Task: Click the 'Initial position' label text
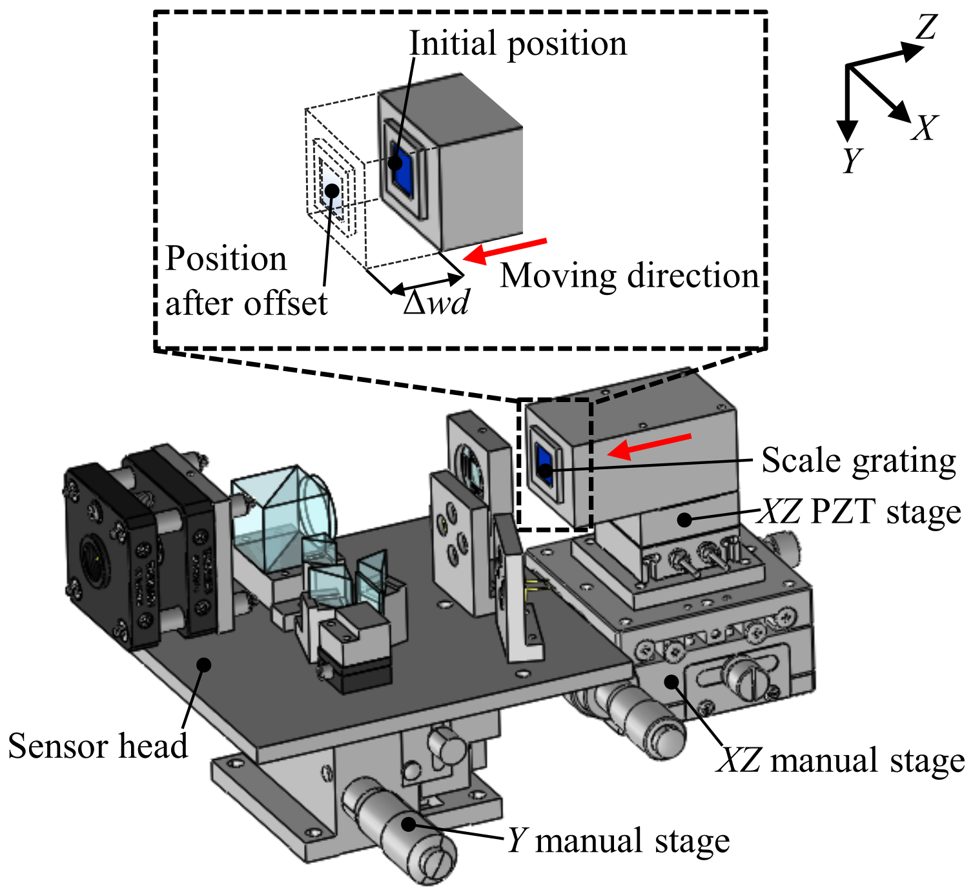pos(518,44)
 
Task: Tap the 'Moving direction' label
pos(630,276)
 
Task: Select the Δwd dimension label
pos(436,302)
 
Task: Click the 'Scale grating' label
pos(858,461)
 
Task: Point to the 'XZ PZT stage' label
pos(859,512)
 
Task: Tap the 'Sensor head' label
pos(97,746)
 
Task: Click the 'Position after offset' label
pos(245,281)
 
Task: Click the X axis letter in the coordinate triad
pos(924,128)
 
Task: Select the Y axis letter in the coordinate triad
pos(852,160)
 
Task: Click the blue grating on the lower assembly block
pos(544,463)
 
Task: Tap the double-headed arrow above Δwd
pos(427,283)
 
